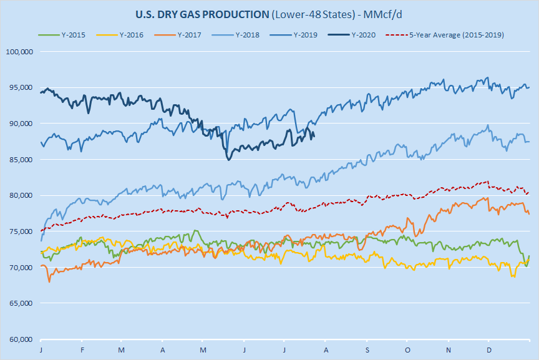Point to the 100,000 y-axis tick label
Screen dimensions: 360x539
pos(18,52)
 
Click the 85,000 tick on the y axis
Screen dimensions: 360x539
pos(19,160)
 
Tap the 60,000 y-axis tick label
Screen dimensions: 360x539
pos(19,339)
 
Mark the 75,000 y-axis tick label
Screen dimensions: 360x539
pos(19,231)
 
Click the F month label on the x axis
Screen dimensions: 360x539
pos(82,350)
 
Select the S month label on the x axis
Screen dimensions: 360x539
pos(367,350)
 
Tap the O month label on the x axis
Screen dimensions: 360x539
pos(407,350)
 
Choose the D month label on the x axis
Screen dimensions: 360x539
pos(488,350)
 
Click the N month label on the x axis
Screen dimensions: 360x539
pos(449,350)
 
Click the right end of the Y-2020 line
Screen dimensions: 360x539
pos(314,136)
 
